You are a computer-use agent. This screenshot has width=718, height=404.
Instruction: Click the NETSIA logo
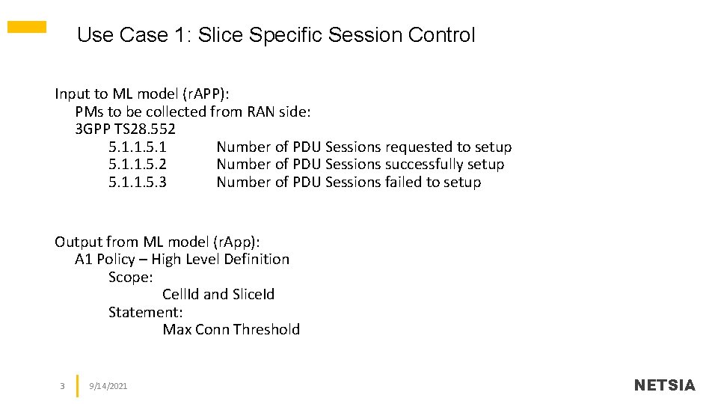tap(664, 385)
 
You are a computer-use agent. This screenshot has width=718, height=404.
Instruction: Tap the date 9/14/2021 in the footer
tap(108, 386)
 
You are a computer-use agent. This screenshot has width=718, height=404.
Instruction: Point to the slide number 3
tap(62, 386)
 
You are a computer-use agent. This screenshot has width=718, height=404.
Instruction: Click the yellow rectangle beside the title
tap(27, 27)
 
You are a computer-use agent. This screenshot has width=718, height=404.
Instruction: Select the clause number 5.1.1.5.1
tap(138, 147)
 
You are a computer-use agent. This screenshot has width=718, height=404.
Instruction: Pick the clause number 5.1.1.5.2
tap(138, 165)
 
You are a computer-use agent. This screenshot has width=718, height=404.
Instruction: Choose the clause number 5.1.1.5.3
tap(138, 183)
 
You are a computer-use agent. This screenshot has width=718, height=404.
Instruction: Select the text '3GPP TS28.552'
tap(126, 129)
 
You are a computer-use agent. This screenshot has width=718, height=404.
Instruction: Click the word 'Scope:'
tap(130, 278)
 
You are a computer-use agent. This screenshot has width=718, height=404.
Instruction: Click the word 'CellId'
tap(180, 295)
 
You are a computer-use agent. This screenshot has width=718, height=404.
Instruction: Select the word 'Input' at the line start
tap(71, 94)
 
